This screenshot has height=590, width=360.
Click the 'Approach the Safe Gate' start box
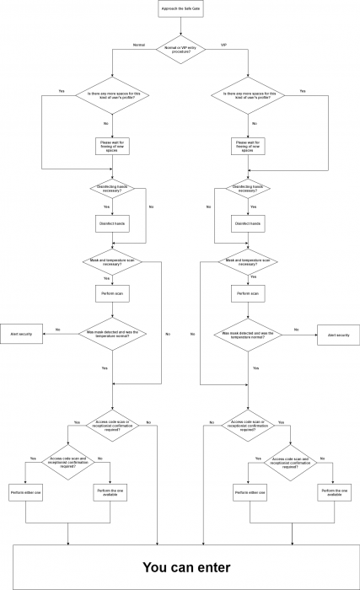coord(180,10)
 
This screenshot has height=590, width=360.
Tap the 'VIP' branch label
coord(224,44)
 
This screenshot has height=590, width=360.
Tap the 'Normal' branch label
coord(139,44)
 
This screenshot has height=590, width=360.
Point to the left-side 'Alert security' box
coord(21,335)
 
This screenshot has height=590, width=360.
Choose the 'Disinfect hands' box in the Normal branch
coord(112,223)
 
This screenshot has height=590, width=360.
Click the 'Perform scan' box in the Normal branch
coord(112,294)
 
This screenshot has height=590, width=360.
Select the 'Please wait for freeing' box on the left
coord(112,145)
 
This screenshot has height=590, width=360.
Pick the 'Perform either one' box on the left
coord(25,491)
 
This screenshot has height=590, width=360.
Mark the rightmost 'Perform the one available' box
coord(334,491)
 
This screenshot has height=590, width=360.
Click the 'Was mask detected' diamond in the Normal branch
coord(112,334)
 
